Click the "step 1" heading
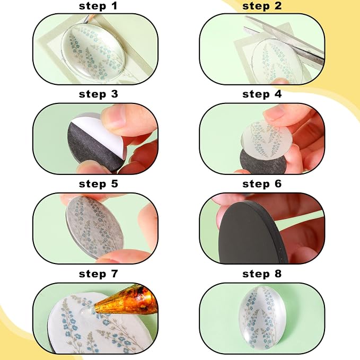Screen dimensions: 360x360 point(98,6)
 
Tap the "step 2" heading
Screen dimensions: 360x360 point(262,6)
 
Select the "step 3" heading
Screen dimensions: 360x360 point(98,94)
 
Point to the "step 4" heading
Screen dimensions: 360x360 point(262,94)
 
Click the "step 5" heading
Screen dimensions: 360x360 point(98,184)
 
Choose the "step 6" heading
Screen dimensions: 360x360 point(262,184)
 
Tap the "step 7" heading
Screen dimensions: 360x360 point(98,274)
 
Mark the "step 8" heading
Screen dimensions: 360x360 point(262,274)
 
